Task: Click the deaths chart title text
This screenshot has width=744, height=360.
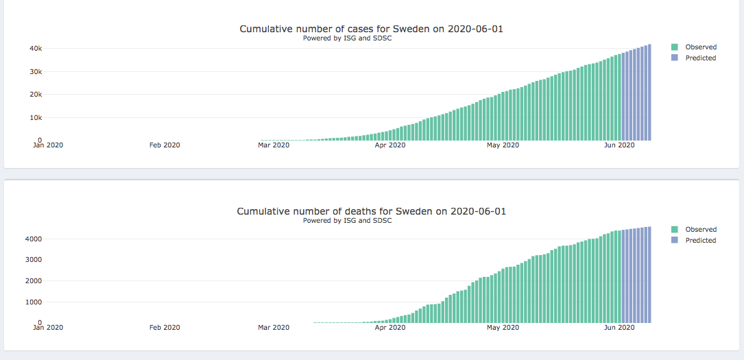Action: point(371,211)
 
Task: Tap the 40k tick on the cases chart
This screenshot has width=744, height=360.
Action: point(36,49)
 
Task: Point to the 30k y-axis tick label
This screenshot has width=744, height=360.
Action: point(36,71)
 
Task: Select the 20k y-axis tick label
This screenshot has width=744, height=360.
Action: point(36,95)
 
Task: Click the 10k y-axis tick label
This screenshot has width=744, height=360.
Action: point(36,117)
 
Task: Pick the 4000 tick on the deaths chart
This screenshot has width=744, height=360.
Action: point(34,239)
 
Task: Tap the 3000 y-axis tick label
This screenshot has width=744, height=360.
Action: point(34,260)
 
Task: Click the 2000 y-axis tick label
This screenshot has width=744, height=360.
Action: point(34,280)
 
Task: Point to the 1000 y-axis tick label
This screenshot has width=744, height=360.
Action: point(34,302)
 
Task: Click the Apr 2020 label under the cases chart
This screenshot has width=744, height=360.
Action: point(390,145)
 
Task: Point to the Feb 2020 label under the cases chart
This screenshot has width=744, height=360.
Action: point(165,145)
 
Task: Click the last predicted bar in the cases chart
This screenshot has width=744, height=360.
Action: point(649,93)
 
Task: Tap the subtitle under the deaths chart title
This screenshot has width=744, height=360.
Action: point(347,221)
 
